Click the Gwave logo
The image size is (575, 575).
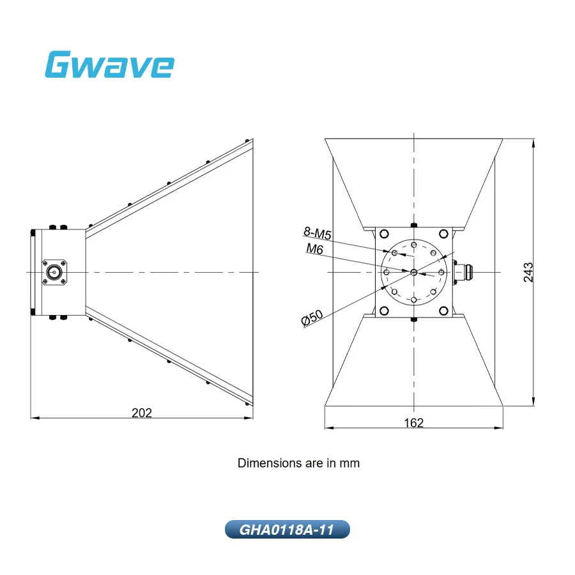click(109, 65)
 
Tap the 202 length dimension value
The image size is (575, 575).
click(142, 413)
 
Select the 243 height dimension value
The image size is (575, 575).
click(528, 272)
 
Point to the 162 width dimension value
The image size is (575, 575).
click(413, 423)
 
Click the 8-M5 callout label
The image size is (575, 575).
click(317, 233)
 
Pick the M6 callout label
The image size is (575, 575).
click(314, 249)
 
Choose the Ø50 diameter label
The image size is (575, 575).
click(312, 318)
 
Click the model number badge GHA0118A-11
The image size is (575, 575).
click(287, 530)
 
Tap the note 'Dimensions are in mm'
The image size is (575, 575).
click(298, 463)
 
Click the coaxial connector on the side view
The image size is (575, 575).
click(54, 272)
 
